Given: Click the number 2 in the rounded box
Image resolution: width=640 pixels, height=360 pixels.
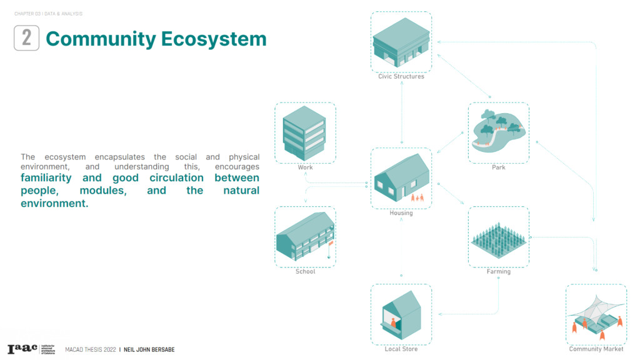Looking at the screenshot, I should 26,38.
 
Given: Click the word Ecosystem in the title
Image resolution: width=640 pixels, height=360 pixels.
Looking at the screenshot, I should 214,39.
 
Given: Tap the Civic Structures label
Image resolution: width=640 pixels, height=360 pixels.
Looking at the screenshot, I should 401,77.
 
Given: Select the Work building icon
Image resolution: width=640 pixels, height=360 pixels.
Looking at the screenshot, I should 304,132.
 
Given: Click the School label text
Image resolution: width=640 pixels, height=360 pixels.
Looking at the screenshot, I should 305,272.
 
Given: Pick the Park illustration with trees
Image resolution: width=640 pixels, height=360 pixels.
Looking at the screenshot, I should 498,130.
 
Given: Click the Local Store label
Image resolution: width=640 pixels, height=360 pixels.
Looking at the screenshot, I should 401,349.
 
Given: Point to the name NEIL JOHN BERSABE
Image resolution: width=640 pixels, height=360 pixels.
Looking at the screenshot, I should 149,350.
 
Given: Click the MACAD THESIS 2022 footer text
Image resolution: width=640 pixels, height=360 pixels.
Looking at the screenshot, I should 90,350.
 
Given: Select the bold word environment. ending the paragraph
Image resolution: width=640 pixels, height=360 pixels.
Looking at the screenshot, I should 54,204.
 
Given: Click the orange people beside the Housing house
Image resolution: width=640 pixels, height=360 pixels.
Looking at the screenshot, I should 417,198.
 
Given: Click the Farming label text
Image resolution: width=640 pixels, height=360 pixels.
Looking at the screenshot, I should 498,272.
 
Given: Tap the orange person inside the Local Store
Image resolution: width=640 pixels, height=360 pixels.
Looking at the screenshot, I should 394,322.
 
